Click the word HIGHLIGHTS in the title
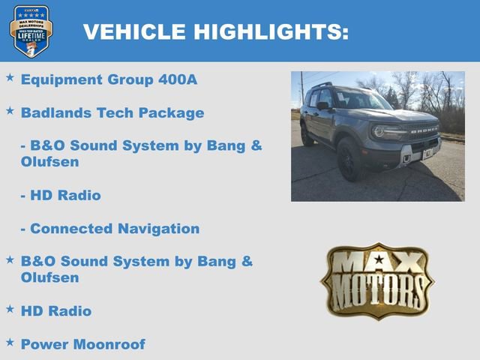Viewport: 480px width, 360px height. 271,31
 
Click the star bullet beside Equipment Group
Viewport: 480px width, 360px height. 10,77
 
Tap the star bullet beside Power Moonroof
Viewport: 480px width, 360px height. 10,342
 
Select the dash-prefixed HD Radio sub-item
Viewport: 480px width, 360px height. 64,195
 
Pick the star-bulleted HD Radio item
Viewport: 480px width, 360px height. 56,310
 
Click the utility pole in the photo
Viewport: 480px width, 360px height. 302,90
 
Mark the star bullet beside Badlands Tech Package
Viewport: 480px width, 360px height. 10,111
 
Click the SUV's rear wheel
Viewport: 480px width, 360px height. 307,134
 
